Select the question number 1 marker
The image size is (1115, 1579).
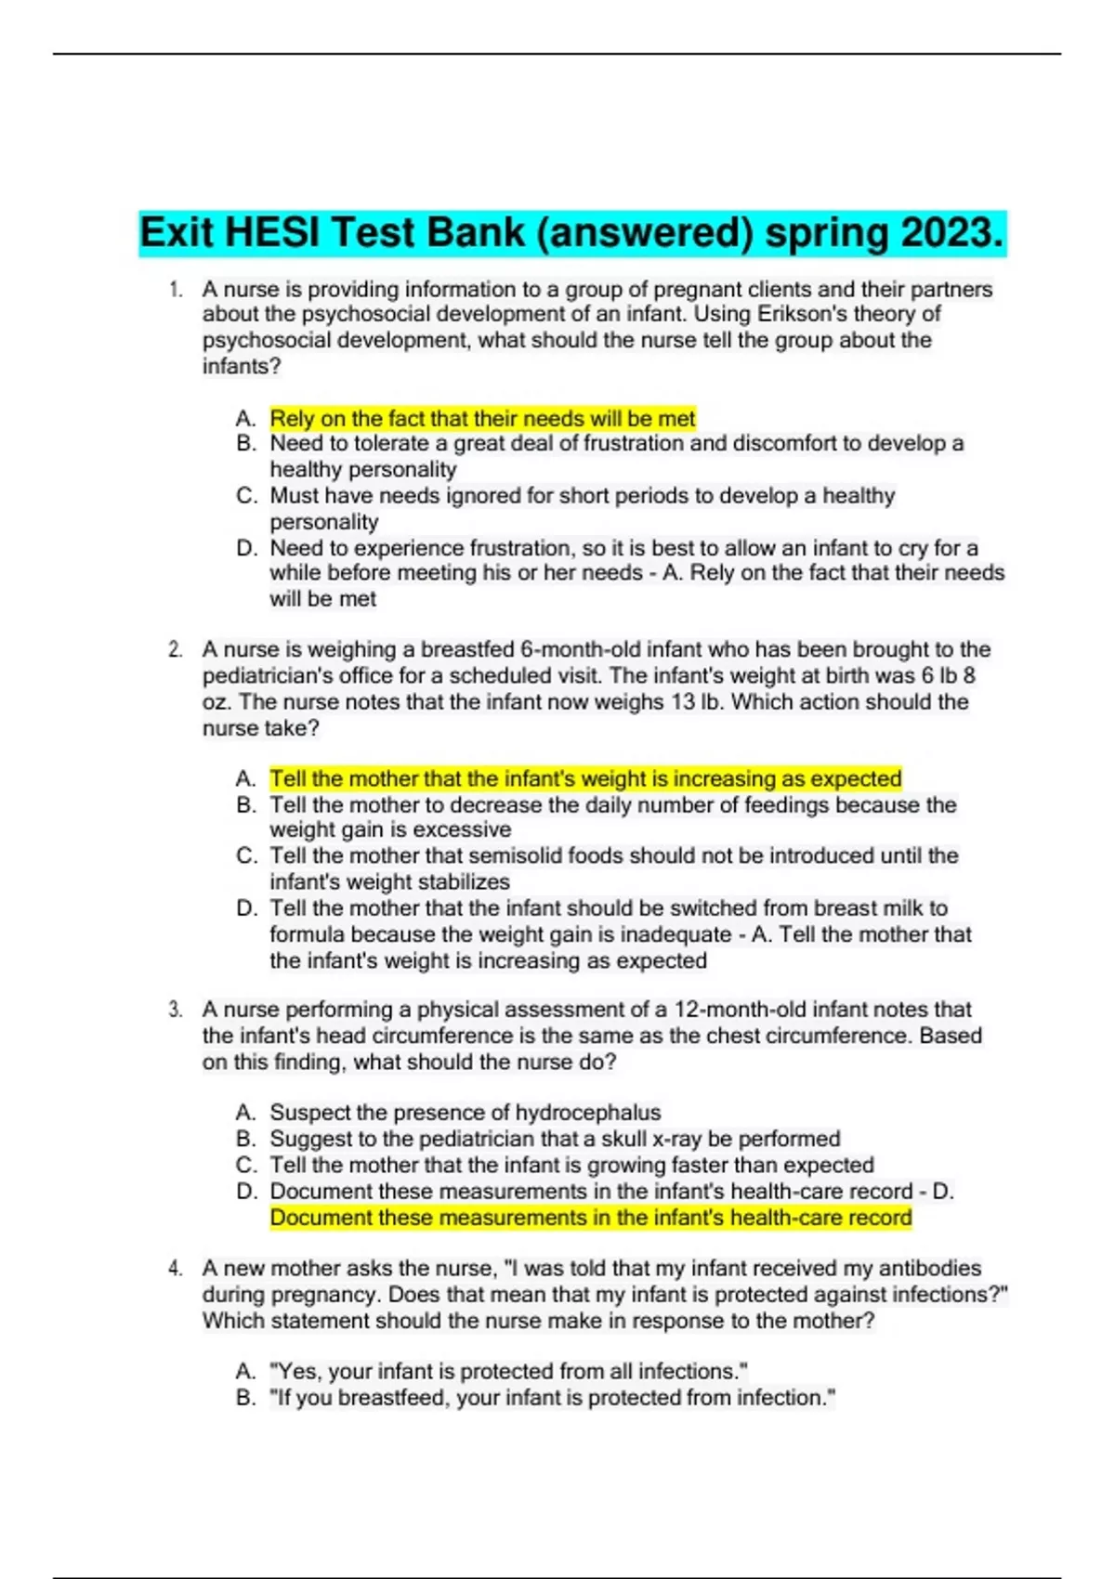pos(176,290)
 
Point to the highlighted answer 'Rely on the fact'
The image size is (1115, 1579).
pos(482,419)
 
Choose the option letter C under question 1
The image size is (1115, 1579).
pos(246,496)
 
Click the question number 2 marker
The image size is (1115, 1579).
pos(176,649)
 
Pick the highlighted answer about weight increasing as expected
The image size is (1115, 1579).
pos(585,778)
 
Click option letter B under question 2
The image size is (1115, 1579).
pos(246,804)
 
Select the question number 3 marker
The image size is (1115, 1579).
pos(176,1010)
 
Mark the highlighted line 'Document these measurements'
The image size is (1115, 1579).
pos(591,1218)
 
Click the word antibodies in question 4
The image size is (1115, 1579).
pos(930,1269)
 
